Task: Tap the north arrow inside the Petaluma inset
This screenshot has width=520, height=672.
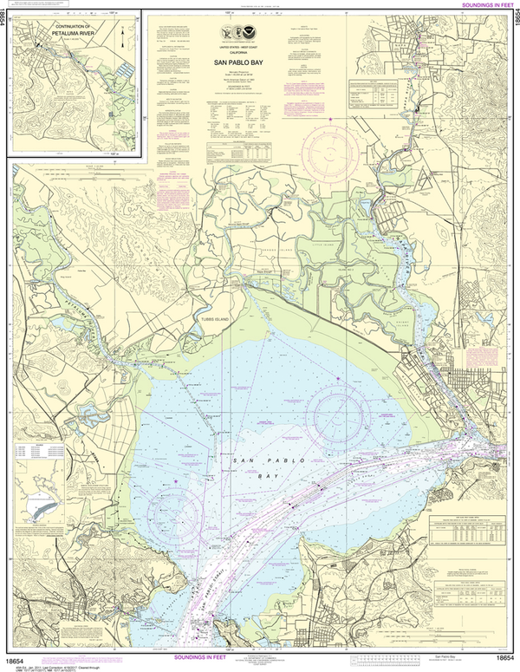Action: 123,35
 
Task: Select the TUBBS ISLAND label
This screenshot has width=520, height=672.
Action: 208,319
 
